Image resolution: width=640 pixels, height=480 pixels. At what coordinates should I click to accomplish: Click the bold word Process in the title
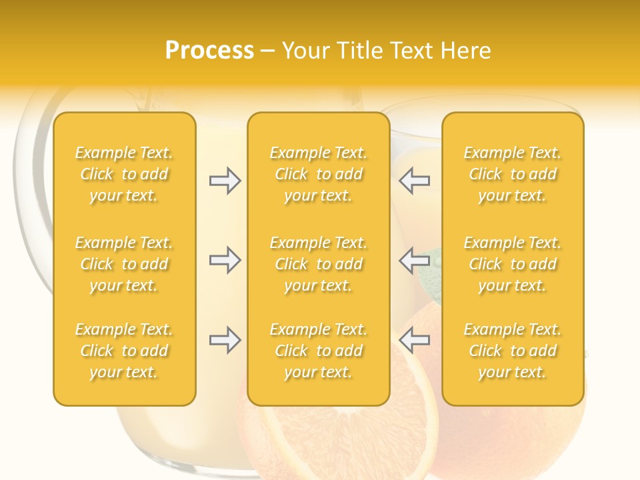[x=209, y=51]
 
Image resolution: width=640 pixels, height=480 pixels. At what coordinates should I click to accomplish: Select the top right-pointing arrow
[x=225, y=181]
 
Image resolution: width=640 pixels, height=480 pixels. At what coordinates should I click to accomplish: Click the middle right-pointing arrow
[x=225, y=259]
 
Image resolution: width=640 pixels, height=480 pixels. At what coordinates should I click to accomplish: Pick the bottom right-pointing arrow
[x=225, y=340]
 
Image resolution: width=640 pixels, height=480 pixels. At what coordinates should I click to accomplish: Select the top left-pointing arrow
[x=414, y=181]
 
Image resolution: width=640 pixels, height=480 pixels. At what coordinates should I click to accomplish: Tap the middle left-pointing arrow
[x=414, y=259]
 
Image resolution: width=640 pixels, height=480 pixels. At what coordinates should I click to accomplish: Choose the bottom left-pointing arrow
[x=414, y=340]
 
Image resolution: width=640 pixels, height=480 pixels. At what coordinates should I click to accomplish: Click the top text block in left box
[x=124, y=174]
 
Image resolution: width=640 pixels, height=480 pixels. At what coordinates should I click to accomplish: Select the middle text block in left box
[x=124, y=264]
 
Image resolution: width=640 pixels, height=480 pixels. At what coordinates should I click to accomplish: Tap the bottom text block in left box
[x=124, y=351]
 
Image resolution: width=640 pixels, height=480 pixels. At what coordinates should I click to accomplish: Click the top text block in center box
[x=319, y=174]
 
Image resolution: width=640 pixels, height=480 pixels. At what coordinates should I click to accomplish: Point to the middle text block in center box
[x=319, y=264]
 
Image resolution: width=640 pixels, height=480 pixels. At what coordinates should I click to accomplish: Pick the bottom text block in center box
[x=319, y=351]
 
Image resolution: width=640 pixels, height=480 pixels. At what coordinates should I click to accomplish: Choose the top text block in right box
[x=513, y=174]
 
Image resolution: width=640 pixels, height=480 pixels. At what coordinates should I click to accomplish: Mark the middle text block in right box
[x=513, y=264]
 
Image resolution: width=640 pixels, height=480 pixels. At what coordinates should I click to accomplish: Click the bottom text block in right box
[x=513, y=351]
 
